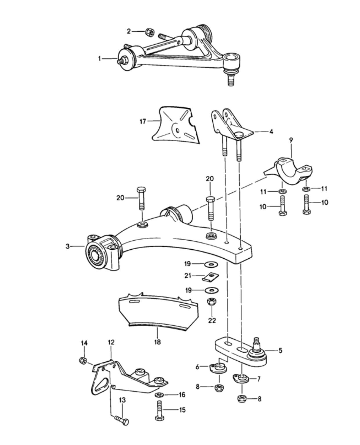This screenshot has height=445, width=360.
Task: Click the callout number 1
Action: coord(100,59)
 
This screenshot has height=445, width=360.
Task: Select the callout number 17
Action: coord(143,121)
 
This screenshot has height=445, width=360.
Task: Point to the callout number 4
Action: coord(271,131)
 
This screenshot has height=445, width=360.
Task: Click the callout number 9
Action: coord(291,140)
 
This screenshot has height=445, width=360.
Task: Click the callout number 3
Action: coord(68,247)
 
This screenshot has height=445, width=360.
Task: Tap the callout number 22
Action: coord(212,320)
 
